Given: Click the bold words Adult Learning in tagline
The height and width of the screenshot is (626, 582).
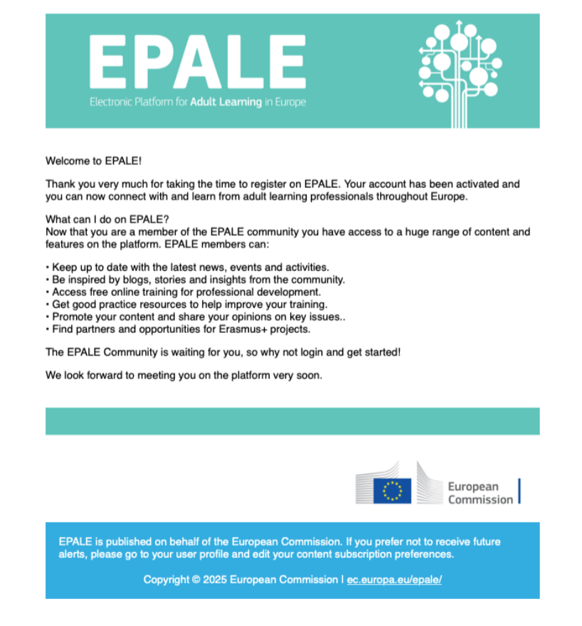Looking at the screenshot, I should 226,102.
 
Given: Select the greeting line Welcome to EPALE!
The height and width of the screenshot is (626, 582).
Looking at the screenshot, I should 94,161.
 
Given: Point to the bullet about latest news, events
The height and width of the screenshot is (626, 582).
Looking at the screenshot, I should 190,267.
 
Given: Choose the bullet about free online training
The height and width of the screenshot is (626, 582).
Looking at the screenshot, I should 186,292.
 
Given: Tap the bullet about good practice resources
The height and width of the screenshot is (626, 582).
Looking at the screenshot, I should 189,304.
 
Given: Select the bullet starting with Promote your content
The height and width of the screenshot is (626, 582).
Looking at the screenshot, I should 199,317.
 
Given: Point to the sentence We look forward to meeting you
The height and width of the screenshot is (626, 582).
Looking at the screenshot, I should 184,375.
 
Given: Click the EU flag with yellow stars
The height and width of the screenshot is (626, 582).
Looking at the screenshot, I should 392,490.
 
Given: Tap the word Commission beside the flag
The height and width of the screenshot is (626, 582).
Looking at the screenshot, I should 480,499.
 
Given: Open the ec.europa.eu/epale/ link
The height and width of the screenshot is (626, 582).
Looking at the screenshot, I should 394,580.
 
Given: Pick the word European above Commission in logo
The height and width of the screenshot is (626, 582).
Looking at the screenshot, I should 473,487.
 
